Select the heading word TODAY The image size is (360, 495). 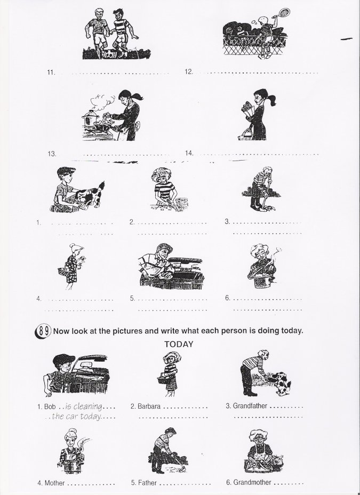[x=179, y=344]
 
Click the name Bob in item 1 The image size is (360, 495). [x=50, y=406]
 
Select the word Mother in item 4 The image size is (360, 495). [x=55, y=483]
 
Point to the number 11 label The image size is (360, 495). [x=51, y=73]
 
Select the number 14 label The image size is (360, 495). [x=189, y=153]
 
